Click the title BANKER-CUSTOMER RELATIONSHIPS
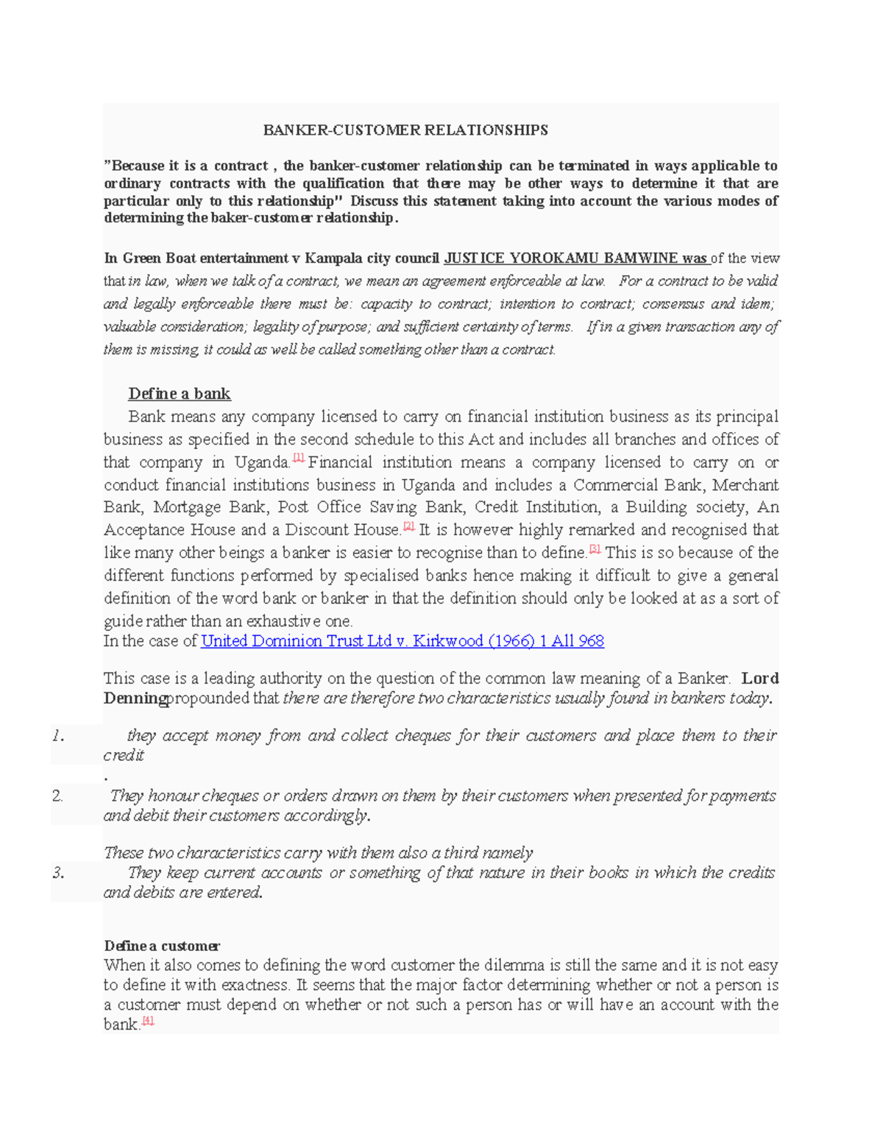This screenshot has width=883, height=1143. tap(405, 130)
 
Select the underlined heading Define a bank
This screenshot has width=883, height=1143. tap(180, 394)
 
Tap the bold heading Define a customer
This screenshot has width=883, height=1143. tap(162, 946)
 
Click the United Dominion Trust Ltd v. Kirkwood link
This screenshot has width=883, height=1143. tap(402, 641)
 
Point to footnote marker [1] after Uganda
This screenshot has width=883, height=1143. tap(298, 458)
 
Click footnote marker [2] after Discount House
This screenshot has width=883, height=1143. tap(409, 526)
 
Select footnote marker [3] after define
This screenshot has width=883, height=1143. tap(595, 548)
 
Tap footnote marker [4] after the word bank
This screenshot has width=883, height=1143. tap(148, 1020)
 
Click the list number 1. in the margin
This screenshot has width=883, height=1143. tap(58, 735)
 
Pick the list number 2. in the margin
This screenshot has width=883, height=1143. tap(58, 796)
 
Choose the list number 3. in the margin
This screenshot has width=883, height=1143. tap(58, 873)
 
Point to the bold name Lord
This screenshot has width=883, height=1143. tap(760, 679)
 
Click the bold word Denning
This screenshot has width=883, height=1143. tap(135, 698)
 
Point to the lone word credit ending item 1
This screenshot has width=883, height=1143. tap(124, 755)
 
